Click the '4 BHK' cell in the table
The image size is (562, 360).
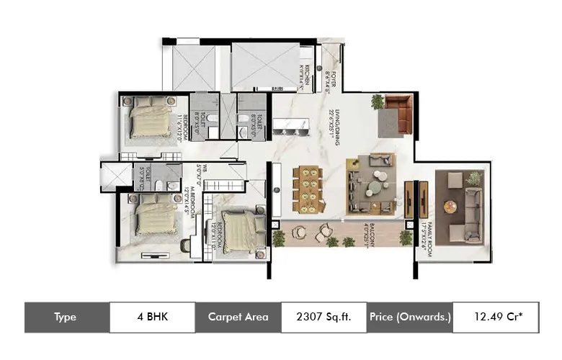[151, 317]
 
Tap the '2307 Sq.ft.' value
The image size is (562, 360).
[323, 317]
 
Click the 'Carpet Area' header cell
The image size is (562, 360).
[238, 317]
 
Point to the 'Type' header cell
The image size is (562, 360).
[66, 317]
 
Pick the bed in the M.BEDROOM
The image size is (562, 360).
[157, 216]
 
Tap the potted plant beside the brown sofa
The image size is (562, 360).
[378, 102]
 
